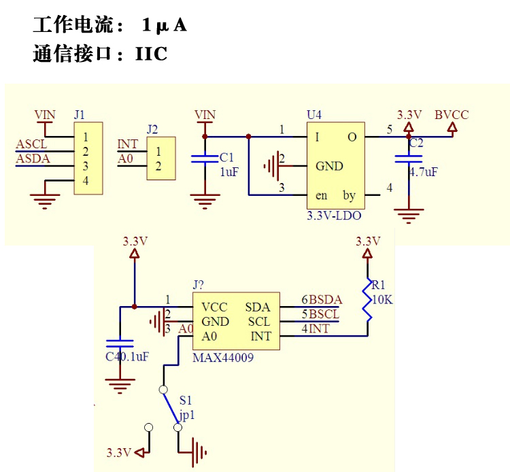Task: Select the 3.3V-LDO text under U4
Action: point(333,216)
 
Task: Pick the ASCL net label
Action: point(31,144)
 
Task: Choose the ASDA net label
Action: point(32,158)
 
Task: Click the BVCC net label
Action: point(452,115)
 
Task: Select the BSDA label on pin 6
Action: point(326,299)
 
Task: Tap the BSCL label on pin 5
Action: point(326,314)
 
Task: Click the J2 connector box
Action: point(160,159)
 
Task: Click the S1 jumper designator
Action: point(186,401)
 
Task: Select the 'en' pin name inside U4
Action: point(322,196)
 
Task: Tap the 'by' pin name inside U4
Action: point(349,196)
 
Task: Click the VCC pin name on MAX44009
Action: point(215,307)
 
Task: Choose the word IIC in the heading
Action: point(151,54)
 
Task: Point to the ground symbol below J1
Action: point(44,197)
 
